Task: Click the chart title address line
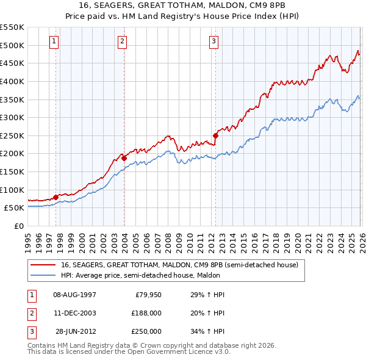(182, 5)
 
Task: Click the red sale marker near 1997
(56, 197)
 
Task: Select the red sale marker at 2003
(124, 158)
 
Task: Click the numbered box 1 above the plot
(55, 41)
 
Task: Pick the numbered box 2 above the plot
(123, 41)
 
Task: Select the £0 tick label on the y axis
(19, 226)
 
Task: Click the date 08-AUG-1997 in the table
(75, 295)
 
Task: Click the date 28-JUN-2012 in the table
(75, 331)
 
